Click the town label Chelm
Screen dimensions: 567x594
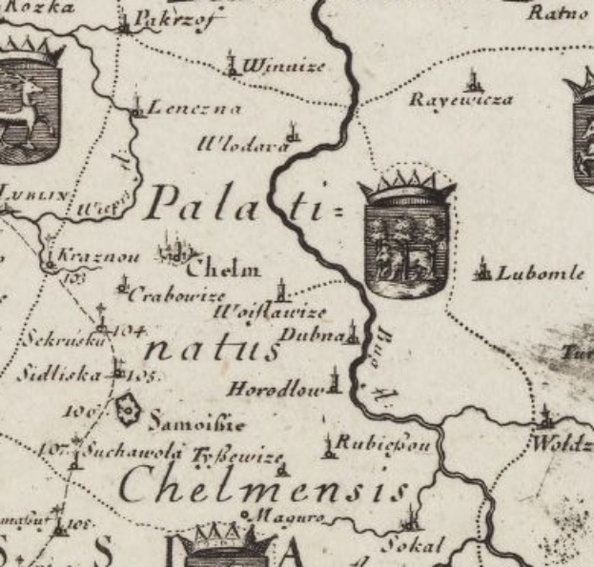(228, 269)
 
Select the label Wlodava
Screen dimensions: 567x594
(243, 146)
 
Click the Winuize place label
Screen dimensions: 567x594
(283, 66)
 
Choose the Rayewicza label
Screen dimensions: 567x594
(461, 99)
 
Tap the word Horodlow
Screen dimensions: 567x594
(277, 389)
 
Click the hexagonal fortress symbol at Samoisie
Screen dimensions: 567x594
(127, 412)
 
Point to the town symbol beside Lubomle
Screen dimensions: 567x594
(482, 271)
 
